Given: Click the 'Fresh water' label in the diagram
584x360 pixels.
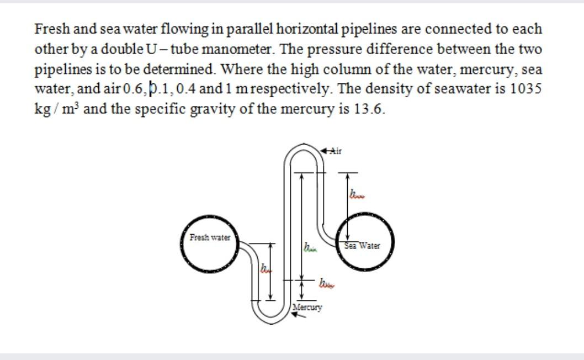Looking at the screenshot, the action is (x=209, y=238).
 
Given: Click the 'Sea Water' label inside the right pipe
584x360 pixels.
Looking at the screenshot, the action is (x=362, y=246).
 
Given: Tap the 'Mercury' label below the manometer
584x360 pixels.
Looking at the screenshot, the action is (x=307, y=306).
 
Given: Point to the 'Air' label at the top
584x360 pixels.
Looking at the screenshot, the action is (x=336, y=150).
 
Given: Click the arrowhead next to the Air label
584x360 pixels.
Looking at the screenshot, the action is (x=326, y=150).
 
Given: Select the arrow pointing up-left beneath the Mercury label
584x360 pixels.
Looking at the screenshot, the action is (x=299, y=315).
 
